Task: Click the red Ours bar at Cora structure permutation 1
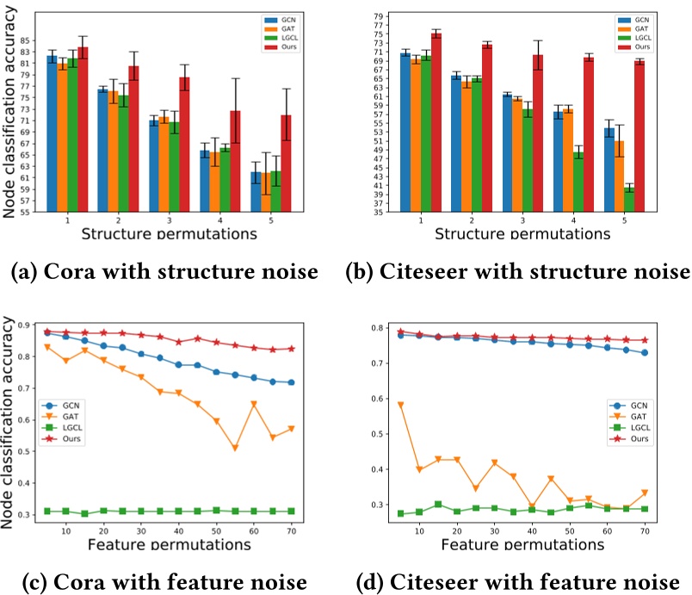pyautogui.click(x=83, y=129)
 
